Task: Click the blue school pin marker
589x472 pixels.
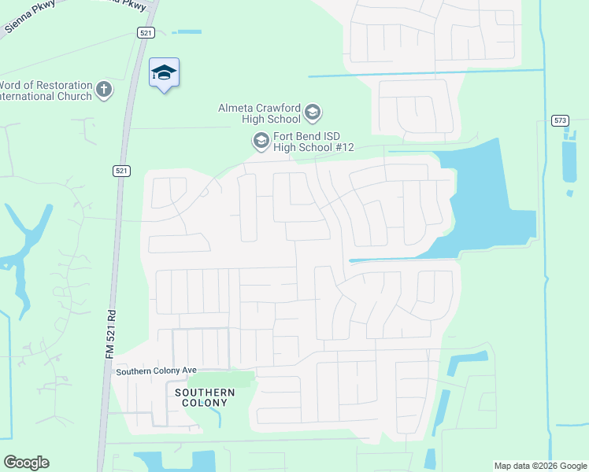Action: point(164,74)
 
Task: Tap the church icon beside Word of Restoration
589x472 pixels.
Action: point(104,90)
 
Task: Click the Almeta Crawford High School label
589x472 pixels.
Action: point(260,113)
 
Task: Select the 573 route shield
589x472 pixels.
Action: point(560,120)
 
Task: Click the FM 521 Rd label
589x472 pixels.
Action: point(111,334)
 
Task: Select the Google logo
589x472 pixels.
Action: point(26,463)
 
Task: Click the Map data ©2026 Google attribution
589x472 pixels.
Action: point(539,466)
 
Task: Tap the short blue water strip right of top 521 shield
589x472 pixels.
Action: point(186,32)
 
